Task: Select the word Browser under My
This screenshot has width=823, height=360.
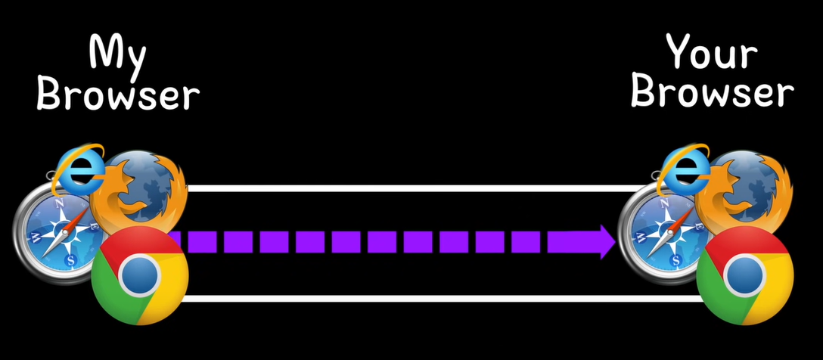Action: [x=118, y=95]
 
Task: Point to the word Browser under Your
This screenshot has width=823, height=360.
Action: [x=712, y=92]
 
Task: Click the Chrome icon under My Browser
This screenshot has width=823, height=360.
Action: [x=139, y=276]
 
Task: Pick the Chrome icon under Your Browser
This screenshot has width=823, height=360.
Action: [x=744, y=276]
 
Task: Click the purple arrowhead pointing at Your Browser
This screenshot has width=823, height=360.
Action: [x=604, y=242]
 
